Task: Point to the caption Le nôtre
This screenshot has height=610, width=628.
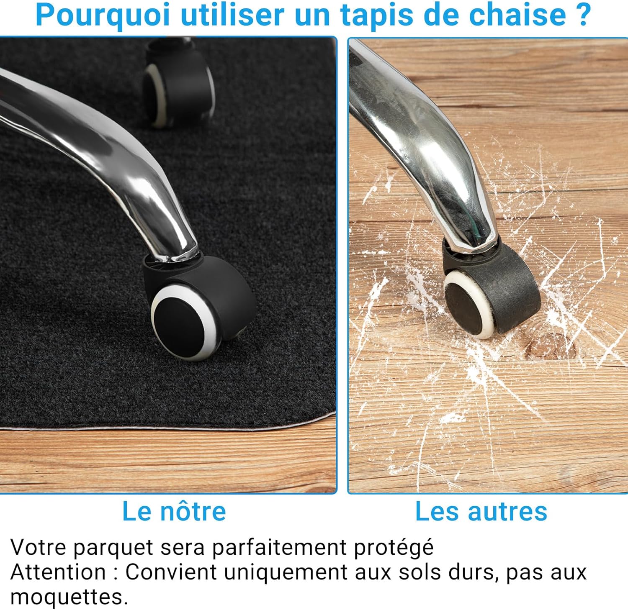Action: point(174,511)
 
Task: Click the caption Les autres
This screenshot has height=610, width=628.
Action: point(481,511)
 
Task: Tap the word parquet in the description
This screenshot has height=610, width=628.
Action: point(113,548)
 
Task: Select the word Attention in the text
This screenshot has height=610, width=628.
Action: point(58,572)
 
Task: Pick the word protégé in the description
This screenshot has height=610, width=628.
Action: point(394,548)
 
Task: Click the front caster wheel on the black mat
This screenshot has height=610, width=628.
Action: point(197,310)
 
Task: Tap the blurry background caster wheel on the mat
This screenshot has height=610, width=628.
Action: point(178,92)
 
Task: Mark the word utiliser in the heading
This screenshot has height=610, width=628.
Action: point(232,15)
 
